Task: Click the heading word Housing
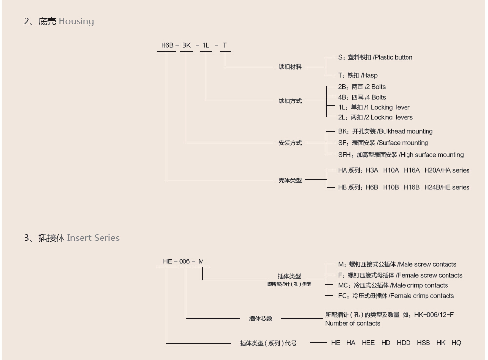pos(76,21)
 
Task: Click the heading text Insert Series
pos(93,238)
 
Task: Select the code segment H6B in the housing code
pos(167,46)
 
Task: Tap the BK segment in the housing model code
pos(186,46)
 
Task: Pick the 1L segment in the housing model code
pos(206,46)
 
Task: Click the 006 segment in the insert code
pos(184,262)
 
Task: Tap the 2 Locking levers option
pos(375,117)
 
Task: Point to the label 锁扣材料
pos(290,67)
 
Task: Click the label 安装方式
pos(290,143)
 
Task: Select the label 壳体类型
pos(290,180)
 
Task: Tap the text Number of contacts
pos(353,323)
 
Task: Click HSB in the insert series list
pos(423,343)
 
